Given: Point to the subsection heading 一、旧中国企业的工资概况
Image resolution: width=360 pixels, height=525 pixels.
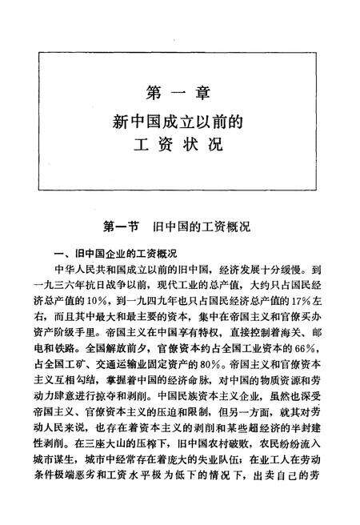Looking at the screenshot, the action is point(120,250).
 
